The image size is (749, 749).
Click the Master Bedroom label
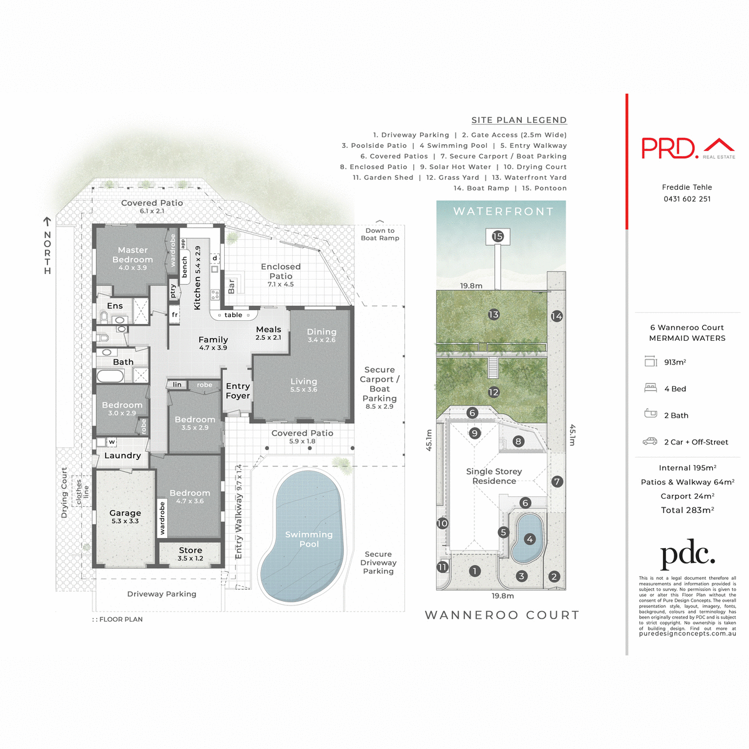(x=132, y=255)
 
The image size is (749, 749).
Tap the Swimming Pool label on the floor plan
(x=309, y=539)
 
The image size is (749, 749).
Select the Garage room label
(x=125, y=513)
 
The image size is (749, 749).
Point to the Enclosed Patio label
(x=281, y=272)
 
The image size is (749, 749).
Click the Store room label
(x=190, y=551)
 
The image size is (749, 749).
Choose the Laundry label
(x=122, y=456)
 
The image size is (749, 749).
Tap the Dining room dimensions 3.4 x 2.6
(x=321, y=340)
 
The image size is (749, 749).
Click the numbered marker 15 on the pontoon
(x=497, y=237)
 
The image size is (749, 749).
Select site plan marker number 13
(x=494, y=315)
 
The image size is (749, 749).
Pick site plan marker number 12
(x=494, y=393)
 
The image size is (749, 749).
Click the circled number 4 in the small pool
(x=530, y=539)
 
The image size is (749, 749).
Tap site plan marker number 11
(x=443, y=567)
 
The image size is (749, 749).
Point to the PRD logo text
(x=669, y=148)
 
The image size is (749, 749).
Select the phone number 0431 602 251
(x=687, y=199)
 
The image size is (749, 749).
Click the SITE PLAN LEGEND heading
(x=519, y=120)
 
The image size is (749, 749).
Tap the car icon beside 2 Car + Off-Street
(x=650, y=441)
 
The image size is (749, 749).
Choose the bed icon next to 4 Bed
(x=650, y=388)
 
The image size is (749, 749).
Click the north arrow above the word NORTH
(x=47, y=222)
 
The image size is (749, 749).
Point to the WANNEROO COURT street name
(x=502, y=615)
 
